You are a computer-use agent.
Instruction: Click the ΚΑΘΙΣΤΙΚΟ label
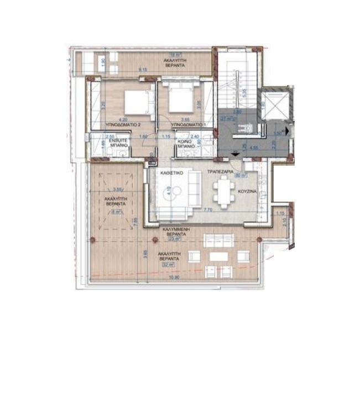[168, 173]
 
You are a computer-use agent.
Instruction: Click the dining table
[223, 193]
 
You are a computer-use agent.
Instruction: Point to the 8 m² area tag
[114, 210]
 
